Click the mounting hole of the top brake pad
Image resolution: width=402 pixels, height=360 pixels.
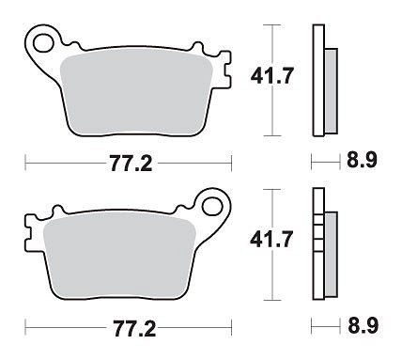43,43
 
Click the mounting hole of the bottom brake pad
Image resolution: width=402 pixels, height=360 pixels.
212,207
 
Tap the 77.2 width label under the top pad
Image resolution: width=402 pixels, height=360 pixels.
131,164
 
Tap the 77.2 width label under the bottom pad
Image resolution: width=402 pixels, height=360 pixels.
134,328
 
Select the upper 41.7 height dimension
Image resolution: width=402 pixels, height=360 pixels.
272,76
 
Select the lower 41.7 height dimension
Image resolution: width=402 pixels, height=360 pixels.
271,240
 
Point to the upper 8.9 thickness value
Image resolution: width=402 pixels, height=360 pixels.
362,161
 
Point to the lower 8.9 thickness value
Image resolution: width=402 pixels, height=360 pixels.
363,325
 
